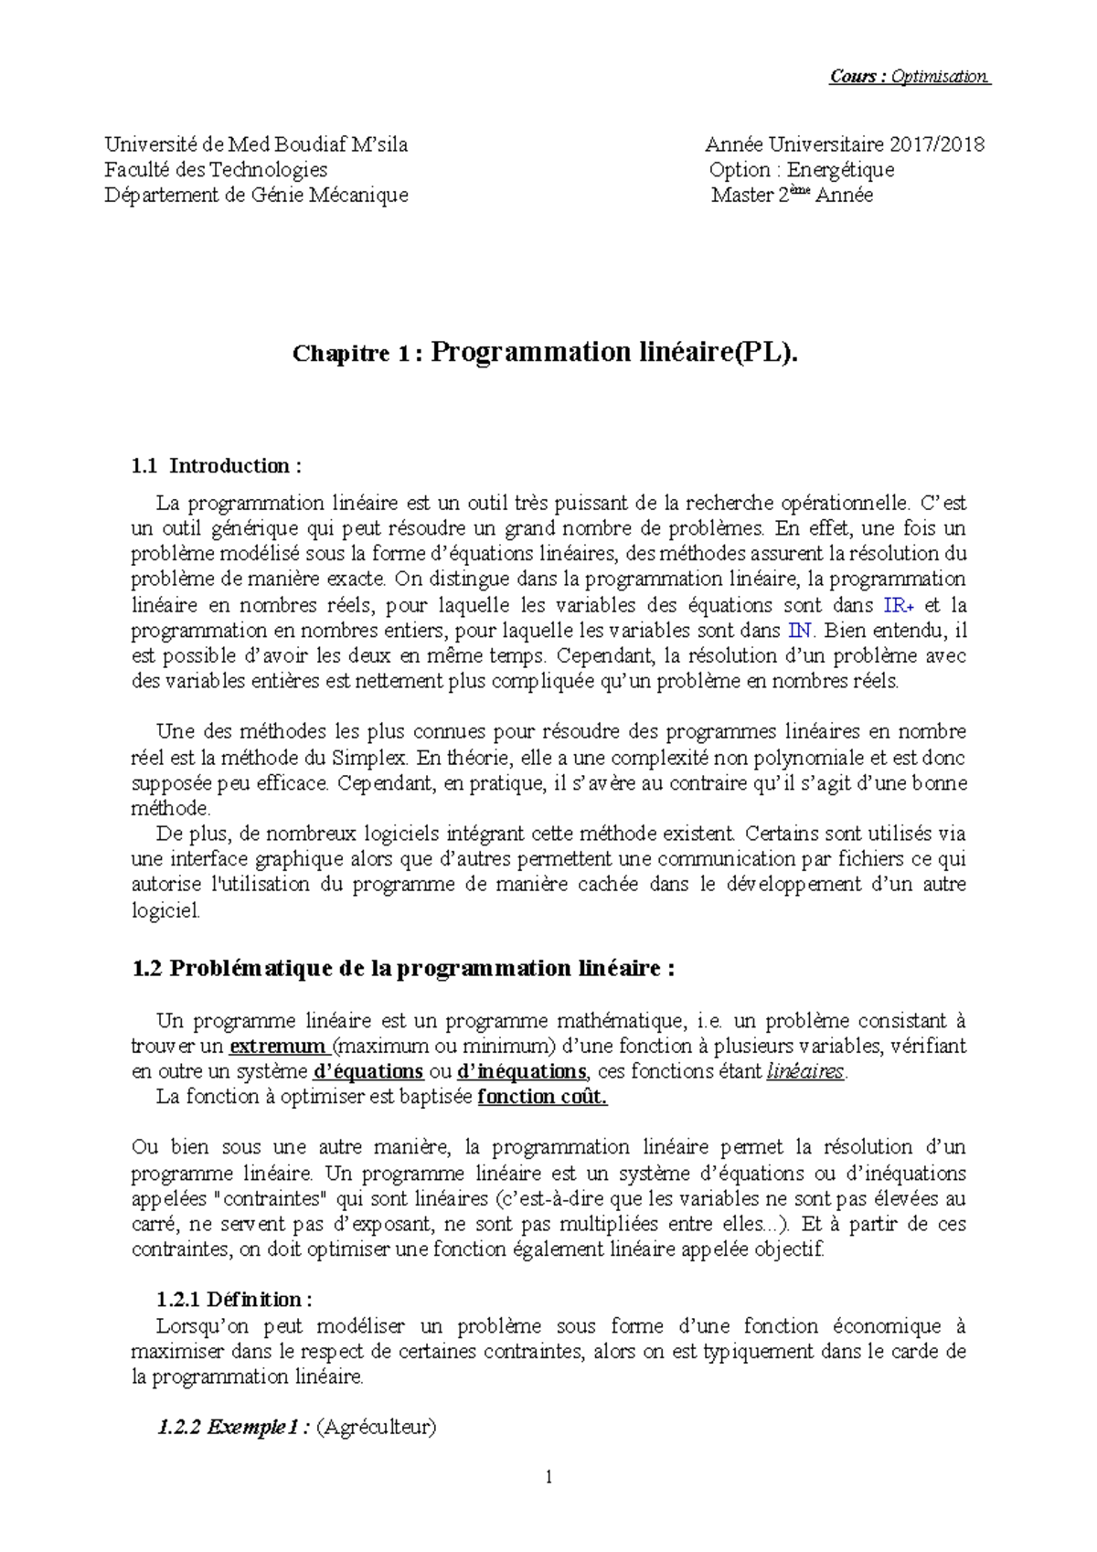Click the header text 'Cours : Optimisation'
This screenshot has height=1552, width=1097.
coord(909,77)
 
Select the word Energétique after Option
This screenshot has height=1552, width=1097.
coord(840,170)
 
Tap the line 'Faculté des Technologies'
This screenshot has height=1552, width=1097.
coord(216,170)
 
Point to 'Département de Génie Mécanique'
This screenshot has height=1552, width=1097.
coord(256,196)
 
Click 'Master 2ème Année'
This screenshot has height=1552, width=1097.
coord(792,196)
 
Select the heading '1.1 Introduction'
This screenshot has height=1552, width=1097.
coord(217,466)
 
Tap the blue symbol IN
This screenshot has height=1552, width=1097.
coord(799,631)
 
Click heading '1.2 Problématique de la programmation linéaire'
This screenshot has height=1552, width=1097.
coord(403,969)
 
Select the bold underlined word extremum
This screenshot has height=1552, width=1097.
coord(278,1047)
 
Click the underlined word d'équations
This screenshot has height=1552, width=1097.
coord(367,1071)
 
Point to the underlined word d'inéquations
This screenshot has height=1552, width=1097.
coord(521,1071)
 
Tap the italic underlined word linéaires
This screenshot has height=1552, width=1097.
coord(805,1071)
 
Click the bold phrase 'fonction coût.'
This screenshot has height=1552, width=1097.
coord(542,1097)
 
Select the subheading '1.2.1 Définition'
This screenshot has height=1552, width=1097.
coord(234,1300)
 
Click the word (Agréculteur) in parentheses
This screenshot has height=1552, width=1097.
coord(376,1428)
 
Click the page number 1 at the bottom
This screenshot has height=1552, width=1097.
coord(548,1478)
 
